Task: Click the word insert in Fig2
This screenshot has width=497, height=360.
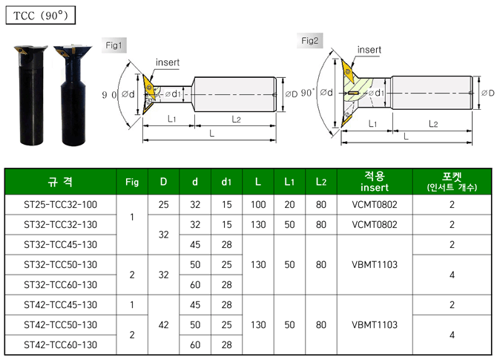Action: click(x=369, y=50)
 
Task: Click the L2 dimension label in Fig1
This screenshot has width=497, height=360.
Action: click(x=235, y=118)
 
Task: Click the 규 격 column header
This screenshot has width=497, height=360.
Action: click(x=60, y=182)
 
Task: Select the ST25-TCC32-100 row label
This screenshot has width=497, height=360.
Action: click(x=60, y=204)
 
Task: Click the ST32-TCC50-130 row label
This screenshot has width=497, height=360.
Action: click(x=60, y=264)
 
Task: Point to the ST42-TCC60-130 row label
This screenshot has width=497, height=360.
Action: click(x=60, y=344)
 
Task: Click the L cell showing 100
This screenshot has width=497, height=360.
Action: click(x=257, y=204)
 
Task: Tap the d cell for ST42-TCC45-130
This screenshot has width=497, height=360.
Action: click(x=194, y=304)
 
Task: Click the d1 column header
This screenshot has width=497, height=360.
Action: click(x=226, y=182)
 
